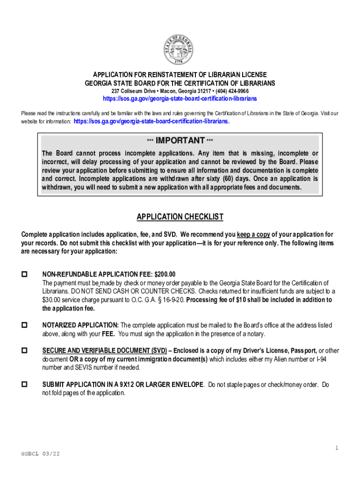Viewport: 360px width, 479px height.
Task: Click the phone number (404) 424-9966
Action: coord(232,91)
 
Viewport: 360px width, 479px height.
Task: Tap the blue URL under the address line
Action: coord(180,99)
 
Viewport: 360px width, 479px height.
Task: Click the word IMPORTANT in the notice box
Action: coord(180,141)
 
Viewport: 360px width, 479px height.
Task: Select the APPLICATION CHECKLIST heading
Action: coord(180,217)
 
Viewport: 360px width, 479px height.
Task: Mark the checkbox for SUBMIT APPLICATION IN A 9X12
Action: coord(25,385)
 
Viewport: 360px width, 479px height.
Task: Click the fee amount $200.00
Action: coord(162,275)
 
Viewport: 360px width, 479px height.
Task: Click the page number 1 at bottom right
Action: coord(336,448)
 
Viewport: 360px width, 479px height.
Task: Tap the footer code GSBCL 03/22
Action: coord(40,454)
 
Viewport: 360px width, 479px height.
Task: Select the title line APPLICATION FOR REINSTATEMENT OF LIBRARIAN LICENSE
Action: coord(180,75)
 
